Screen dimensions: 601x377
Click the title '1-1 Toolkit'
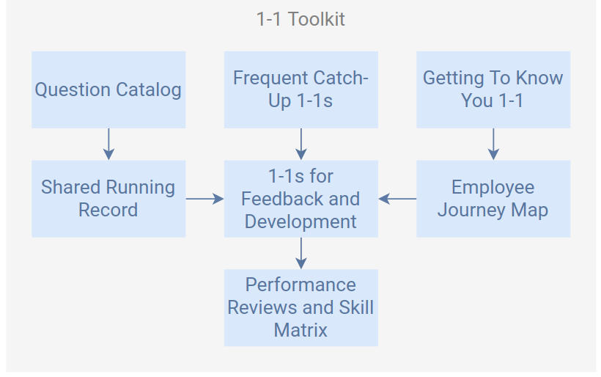tap(300, 19)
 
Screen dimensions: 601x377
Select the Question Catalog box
tap(108, 89)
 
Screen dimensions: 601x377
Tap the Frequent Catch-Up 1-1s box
tap(301, 89)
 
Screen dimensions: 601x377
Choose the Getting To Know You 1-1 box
tap(493, 89)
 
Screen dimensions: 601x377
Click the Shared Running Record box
tap(108, 199)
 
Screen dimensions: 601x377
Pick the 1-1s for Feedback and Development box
tap(301, 199)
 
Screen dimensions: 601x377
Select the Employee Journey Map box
tap(493, 199)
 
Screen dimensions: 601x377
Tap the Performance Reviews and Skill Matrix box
tap(301, 307)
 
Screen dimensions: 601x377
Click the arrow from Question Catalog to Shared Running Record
tap(108, 144)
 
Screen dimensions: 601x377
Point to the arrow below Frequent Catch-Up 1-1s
tap(301, 144)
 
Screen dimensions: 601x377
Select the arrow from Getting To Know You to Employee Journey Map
tap(493, 144)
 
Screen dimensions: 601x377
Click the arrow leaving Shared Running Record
tap(204, 199)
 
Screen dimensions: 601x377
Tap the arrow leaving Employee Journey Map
tap(397, 199)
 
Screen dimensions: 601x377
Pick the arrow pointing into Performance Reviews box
tap(301, 253)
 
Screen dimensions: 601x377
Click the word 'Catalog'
tap(148, 90)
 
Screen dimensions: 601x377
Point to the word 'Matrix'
tap(300, 330)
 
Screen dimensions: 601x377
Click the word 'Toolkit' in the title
tap(316, 19)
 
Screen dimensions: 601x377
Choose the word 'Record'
tap(108, 210)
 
